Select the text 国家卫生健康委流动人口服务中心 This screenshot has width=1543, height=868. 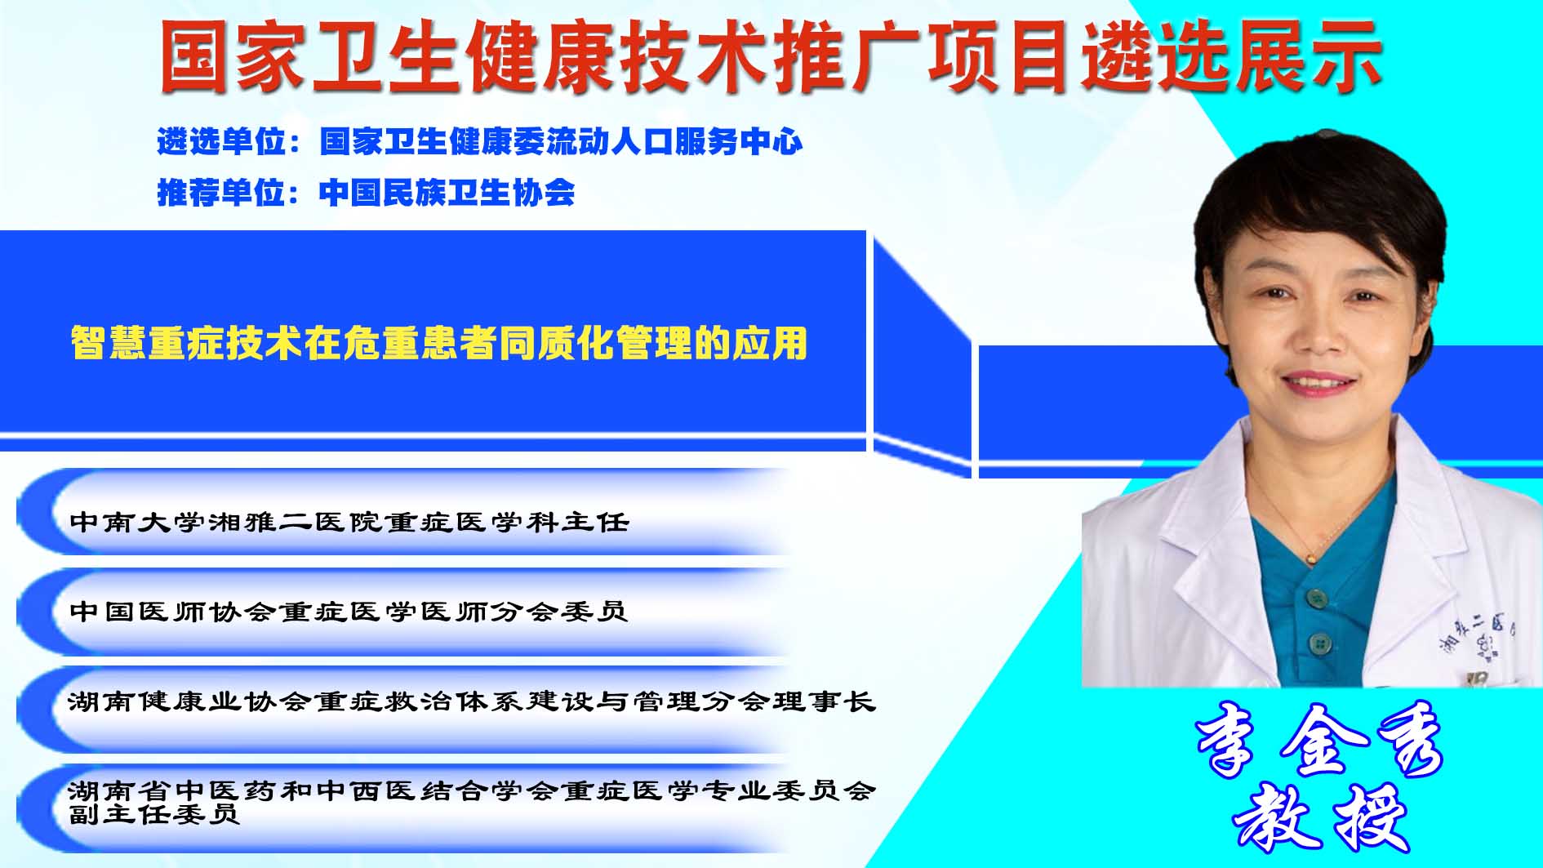(x=561, y=142)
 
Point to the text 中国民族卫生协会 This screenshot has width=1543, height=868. (x=447, y=193)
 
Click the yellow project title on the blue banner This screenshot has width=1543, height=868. (x=439, y=343)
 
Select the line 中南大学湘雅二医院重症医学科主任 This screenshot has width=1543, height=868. (x=349, y=522)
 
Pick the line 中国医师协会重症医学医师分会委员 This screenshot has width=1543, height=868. (x=349, y=611)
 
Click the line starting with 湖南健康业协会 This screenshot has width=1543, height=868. (x=472, y=701)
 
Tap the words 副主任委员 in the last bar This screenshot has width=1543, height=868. (x=154, y=813)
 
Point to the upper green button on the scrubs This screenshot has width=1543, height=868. (x=1315, y=598)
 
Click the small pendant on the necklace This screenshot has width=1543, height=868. (x=1310, y=559)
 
